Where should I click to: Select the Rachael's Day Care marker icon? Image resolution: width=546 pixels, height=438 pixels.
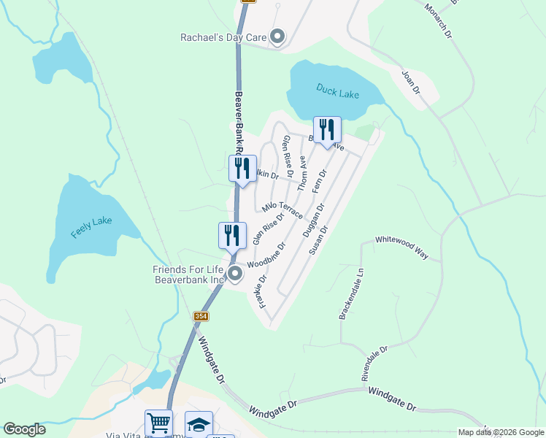point(277,36)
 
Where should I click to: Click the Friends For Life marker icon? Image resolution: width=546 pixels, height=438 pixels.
point(235,274)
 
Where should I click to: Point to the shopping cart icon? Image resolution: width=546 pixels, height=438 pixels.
point(158,422)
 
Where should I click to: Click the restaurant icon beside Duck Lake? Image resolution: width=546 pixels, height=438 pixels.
point(327,130)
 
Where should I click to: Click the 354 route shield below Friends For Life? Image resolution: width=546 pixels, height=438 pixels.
point(201,316)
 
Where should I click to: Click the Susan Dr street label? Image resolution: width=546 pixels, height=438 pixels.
point(319,239)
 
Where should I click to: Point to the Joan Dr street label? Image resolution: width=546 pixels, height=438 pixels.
point(411,82)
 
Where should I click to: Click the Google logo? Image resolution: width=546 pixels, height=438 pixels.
point(24,429)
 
